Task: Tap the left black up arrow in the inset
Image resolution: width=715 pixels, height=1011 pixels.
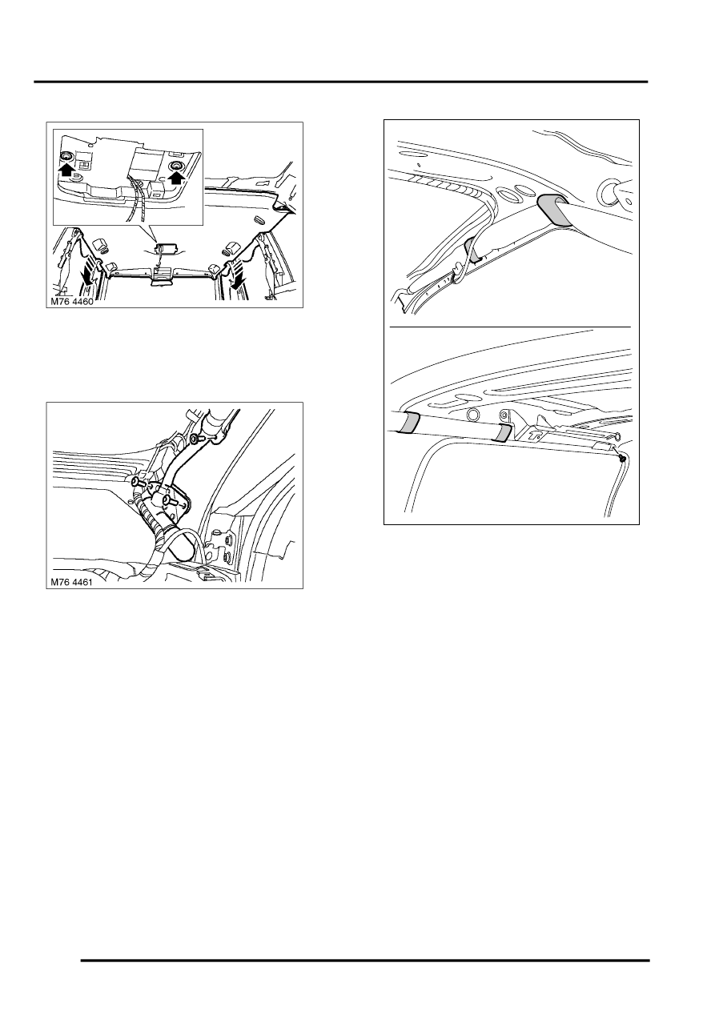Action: click(66, 170)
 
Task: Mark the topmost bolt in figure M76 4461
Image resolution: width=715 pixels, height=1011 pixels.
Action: click(198, 439)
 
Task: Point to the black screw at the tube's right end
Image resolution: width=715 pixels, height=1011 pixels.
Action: click(621, 459)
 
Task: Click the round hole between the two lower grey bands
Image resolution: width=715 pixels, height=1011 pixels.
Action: click(472, 415)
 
